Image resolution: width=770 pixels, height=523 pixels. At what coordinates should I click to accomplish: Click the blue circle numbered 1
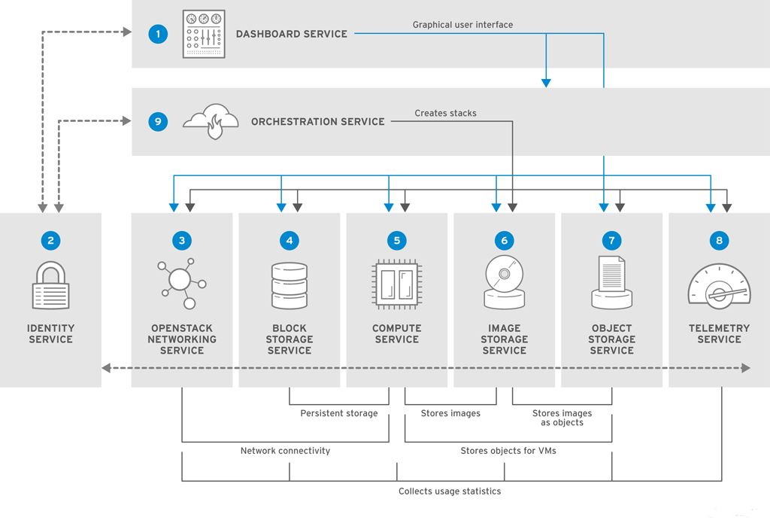[x=158, y=34]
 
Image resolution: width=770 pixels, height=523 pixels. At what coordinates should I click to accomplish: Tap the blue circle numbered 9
[x=158, y=121]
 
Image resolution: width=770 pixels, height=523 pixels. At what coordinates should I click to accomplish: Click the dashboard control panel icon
[x=204, y=34]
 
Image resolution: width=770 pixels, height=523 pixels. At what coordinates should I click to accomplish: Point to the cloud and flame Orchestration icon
[x=211, y=121]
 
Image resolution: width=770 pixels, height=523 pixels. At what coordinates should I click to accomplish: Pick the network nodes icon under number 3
[x=181, y=284]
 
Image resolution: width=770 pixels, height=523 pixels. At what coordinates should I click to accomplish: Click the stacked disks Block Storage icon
[x=289, y=285]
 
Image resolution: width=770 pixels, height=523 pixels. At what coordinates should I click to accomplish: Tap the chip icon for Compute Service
[x=396, y=284]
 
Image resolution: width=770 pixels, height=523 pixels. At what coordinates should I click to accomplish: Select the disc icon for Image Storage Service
[x=504, y=282]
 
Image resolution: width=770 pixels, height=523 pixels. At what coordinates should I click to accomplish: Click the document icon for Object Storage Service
[x=611, y=282]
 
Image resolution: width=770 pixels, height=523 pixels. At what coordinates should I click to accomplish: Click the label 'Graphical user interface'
[x=462, y=25]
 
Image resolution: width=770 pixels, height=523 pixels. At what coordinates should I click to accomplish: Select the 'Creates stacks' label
[x=445, y=113]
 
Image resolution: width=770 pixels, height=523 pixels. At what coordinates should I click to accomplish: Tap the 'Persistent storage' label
[x=339, y=413]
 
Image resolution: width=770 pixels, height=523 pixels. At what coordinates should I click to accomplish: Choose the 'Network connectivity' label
[x=285, y=451]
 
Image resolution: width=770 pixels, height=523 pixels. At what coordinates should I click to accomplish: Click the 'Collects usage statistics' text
[x=450, y=491]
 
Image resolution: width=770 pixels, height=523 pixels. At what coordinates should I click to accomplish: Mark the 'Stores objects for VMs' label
[x=508, y=451]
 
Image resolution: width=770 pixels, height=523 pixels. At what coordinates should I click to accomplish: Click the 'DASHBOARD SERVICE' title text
[x=292, y=34]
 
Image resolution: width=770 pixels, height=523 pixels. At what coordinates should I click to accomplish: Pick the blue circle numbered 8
[x=719, y=241]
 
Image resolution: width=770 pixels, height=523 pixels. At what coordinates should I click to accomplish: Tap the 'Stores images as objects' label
[x=562, y=418]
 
